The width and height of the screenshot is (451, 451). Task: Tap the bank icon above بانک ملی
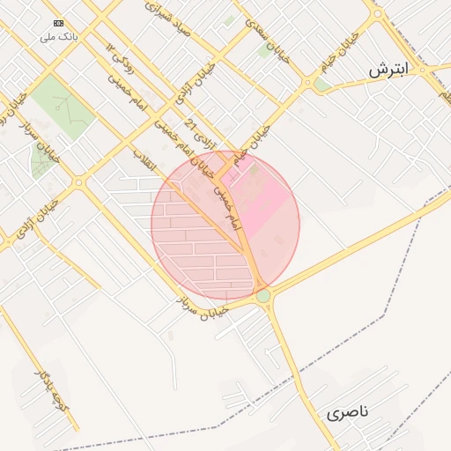pyautogui.click(x=58, y=23)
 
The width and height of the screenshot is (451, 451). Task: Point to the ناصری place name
pyautogui.click(x=349, y=412)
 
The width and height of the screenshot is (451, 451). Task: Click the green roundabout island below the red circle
pyautogui.click(x=263, y=296)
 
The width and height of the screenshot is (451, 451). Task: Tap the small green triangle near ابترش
pyautogui.click(x=323, y=85)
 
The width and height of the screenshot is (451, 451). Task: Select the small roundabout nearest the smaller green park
pyautogui.click(x=78, y=182)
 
